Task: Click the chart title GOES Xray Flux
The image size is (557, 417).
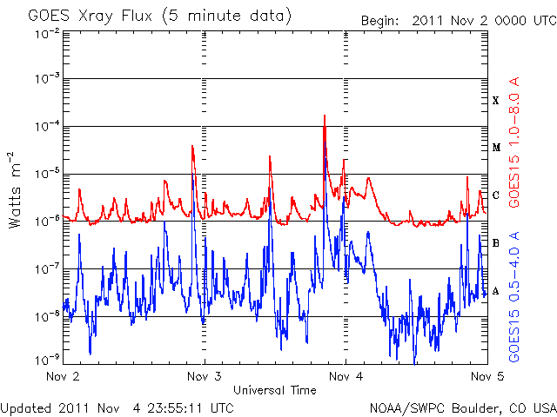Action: tap(91, 17)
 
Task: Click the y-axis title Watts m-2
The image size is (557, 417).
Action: tap(15, 190)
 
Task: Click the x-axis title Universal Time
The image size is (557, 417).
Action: tap(275, 390)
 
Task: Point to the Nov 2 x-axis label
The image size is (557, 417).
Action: tap(63, 376)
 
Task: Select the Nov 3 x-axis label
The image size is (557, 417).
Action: tap(205, 376)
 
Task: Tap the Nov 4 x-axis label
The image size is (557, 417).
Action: tap(346, 376)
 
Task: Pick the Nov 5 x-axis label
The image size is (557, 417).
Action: tap(487, 376)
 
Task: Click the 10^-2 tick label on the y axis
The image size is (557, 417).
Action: tap(48, 35)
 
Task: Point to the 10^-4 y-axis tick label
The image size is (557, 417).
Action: tap(48, 126)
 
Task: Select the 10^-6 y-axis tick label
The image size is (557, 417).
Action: tap(48, 222)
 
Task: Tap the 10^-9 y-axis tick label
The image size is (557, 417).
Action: tap(48, 360)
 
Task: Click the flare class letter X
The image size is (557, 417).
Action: tap(496, 101)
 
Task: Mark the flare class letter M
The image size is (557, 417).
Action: tap(496, 148)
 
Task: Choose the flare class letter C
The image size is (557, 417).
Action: tap(496, 195)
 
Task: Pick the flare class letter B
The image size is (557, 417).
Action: tap(496, 243)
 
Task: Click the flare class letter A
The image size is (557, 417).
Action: tap(496, 291)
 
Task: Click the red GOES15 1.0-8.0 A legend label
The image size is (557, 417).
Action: tap(514, 142)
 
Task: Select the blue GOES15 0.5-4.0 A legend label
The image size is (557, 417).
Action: tap(514, 297)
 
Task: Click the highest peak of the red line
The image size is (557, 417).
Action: tap(325, 116)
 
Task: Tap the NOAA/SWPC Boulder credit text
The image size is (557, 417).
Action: tap(463, 408)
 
